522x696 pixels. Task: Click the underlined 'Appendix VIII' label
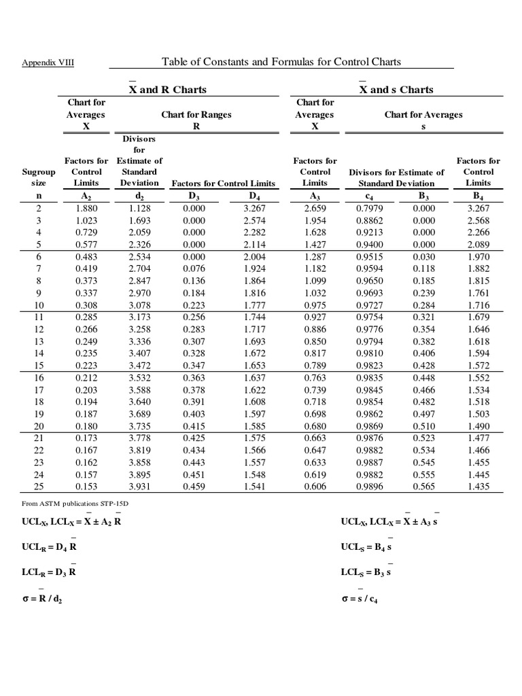click(48, 63)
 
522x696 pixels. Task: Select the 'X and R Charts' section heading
click(168, 90)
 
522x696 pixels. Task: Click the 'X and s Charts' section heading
click(396, 90)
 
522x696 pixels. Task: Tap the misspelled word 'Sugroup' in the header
click(39, 172)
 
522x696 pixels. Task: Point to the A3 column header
click(315, 197)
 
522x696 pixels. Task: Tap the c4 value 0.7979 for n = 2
click(369, 209)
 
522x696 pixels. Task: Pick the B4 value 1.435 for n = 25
click(478, 487)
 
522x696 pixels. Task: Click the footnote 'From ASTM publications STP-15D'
click(65, 504)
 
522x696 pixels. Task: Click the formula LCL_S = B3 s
click(366, 572)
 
